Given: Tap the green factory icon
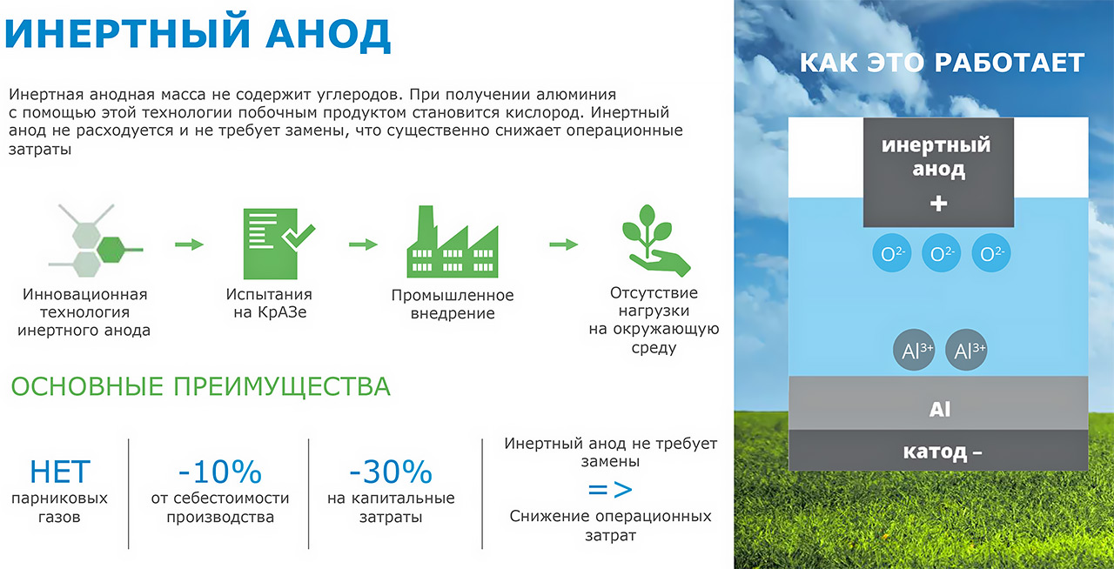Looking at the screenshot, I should click(451, 242).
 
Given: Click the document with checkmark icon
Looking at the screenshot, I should click(274, 236).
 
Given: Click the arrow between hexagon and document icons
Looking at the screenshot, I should click(189, 244).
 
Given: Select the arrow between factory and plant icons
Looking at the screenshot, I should click(563, 244).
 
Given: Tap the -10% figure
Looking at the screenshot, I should click(219, 472).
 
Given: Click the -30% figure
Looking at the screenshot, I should click(391, 472).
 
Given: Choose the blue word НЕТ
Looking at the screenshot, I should click(59, 472).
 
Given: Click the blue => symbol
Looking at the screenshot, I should click(610, 489).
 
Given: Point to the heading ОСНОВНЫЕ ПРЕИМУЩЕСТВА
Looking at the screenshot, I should click(200, 386).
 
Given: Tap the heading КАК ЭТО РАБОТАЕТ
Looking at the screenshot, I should click(942, 63).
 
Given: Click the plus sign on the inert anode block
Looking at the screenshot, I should click(938, 204).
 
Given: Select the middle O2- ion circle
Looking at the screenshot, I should click(939, 254).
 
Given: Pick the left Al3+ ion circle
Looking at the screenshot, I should click(913, 351).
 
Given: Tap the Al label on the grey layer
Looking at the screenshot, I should click(939, 409).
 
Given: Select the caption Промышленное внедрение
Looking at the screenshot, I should click(452, 305).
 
